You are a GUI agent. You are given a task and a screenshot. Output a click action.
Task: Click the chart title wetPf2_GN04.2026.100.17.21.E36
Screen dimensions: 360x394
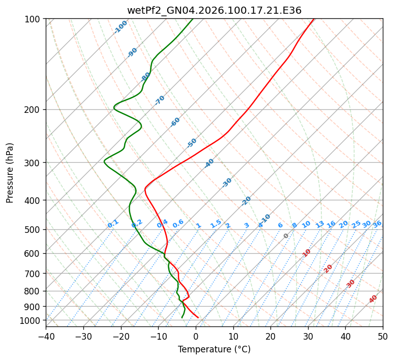(214, 10)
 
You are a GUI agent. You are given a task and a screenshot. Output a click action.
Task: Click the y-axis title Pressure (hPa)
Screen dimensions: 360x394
(10, 172)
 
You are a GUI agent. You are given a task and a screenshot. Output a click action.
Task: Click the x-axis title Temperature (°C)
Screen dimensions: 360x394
(214, 350)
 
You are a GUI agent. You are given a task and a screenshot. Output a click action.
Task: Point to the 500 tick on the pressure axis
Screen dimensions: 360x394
(35, 230)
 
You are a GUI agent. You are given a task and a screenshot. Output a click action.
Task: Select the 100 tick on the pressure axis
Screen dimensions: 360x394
(35, 19)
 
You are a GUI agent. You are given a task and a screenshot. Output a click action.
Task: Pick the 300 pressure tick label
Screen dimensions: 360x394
(35, 163)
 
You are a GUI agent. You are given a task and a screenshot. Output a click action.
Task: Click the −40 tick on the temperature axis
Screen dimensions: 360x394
(46, 337)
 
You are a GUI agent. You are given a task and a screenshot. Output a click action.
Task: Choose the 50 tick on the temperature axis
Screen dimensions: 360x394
(383, 337)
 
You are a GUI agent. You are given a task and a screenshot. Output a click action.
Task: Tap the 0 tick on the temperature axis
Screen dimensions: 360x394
(196, 337)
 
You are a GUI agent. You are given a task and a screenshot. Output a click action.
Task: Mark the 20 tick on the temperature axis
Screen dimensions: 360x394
(270, 337)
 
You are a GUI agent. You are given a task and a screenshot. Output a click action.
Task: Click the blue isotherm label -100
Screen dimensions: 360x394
(120, 27)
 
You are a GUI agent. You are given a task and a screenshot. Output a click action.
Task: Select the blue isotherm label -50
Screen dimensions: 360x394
(192, 143)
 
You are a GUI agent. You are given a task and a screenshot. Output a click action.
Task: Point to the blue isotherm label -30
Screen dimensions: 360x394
(227, 183)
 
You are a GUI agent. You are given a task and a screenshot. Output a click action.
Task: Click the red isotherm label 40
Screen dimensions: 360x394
(373, 298)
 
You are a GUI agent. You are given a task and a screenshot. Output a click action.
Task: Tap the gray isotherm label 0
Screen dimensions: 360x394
(286, 236)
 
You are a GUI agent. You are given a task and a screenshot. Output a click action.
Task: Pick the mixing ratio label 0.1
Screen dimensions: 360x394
(113, 224)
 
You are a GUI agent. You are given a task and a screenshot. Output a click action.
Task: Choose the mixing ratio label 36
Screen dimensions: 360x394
(377, 224)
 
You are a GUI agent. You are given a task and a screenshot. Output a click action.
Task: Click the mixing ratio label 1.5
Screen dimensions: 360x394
(216, 223)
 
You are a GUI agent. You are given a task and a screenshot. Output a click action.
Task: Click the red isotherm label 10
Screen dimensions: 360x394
(307, 253)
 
